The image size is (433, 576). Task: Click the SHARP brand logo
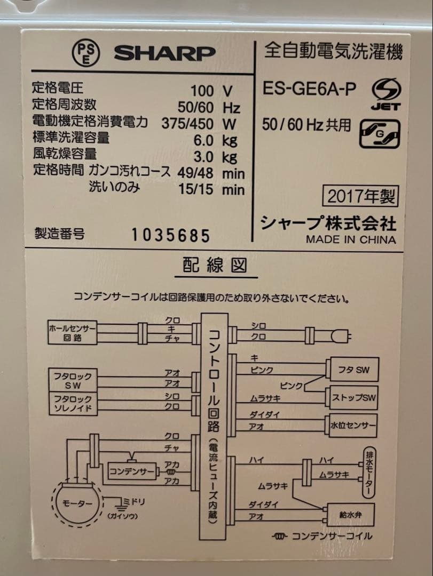coord(164,53)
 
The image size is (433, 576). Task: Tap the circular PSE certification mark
coord(85,52)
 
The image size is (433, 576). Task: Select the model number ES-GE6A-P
coord(309,89)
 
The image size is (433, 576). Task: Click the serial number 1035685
coord(171,235)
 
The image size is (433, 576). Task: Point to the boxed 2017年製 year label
coord(360,197)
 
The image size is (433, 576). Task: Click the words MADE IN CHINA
coord(351,239)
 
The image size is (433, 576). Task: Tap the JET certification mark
coord(386,93)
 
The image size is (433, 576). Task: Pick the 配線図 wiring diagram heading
coord(216,266)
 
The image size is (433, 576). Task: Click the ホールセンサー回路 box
coord(72,332)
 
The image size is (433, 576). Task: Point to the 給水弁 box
coord(350,515)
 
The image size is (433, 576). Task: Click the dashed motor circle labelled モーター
coord(75,503)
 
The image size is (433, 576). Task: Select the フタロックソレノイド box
coord(73,404)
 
